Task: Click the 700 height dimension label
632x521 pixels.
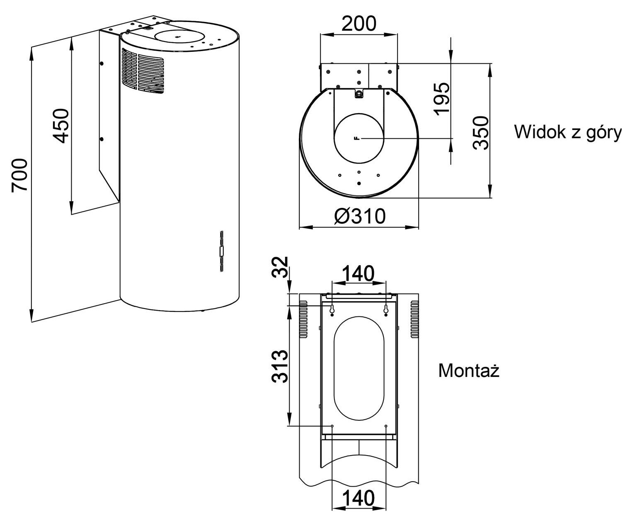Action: point(19,175)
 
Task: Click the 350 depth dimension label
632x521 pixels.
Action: point(481,133)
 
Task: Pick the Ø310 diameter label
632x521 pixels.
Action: point(360,216)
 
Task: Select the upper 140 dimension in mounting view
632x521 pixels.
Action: point(358,274)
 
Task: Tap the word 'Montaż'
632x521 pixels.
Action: point(469,370)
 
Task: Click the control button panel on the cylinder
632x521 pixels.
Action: point(222,251)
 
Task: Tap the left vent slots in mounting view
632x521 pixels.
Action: point(303,319)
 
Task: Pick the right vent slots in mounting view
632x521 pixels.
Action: point(414,319)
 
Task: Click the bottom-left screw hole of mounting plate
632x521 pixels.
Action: point(332,426)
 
